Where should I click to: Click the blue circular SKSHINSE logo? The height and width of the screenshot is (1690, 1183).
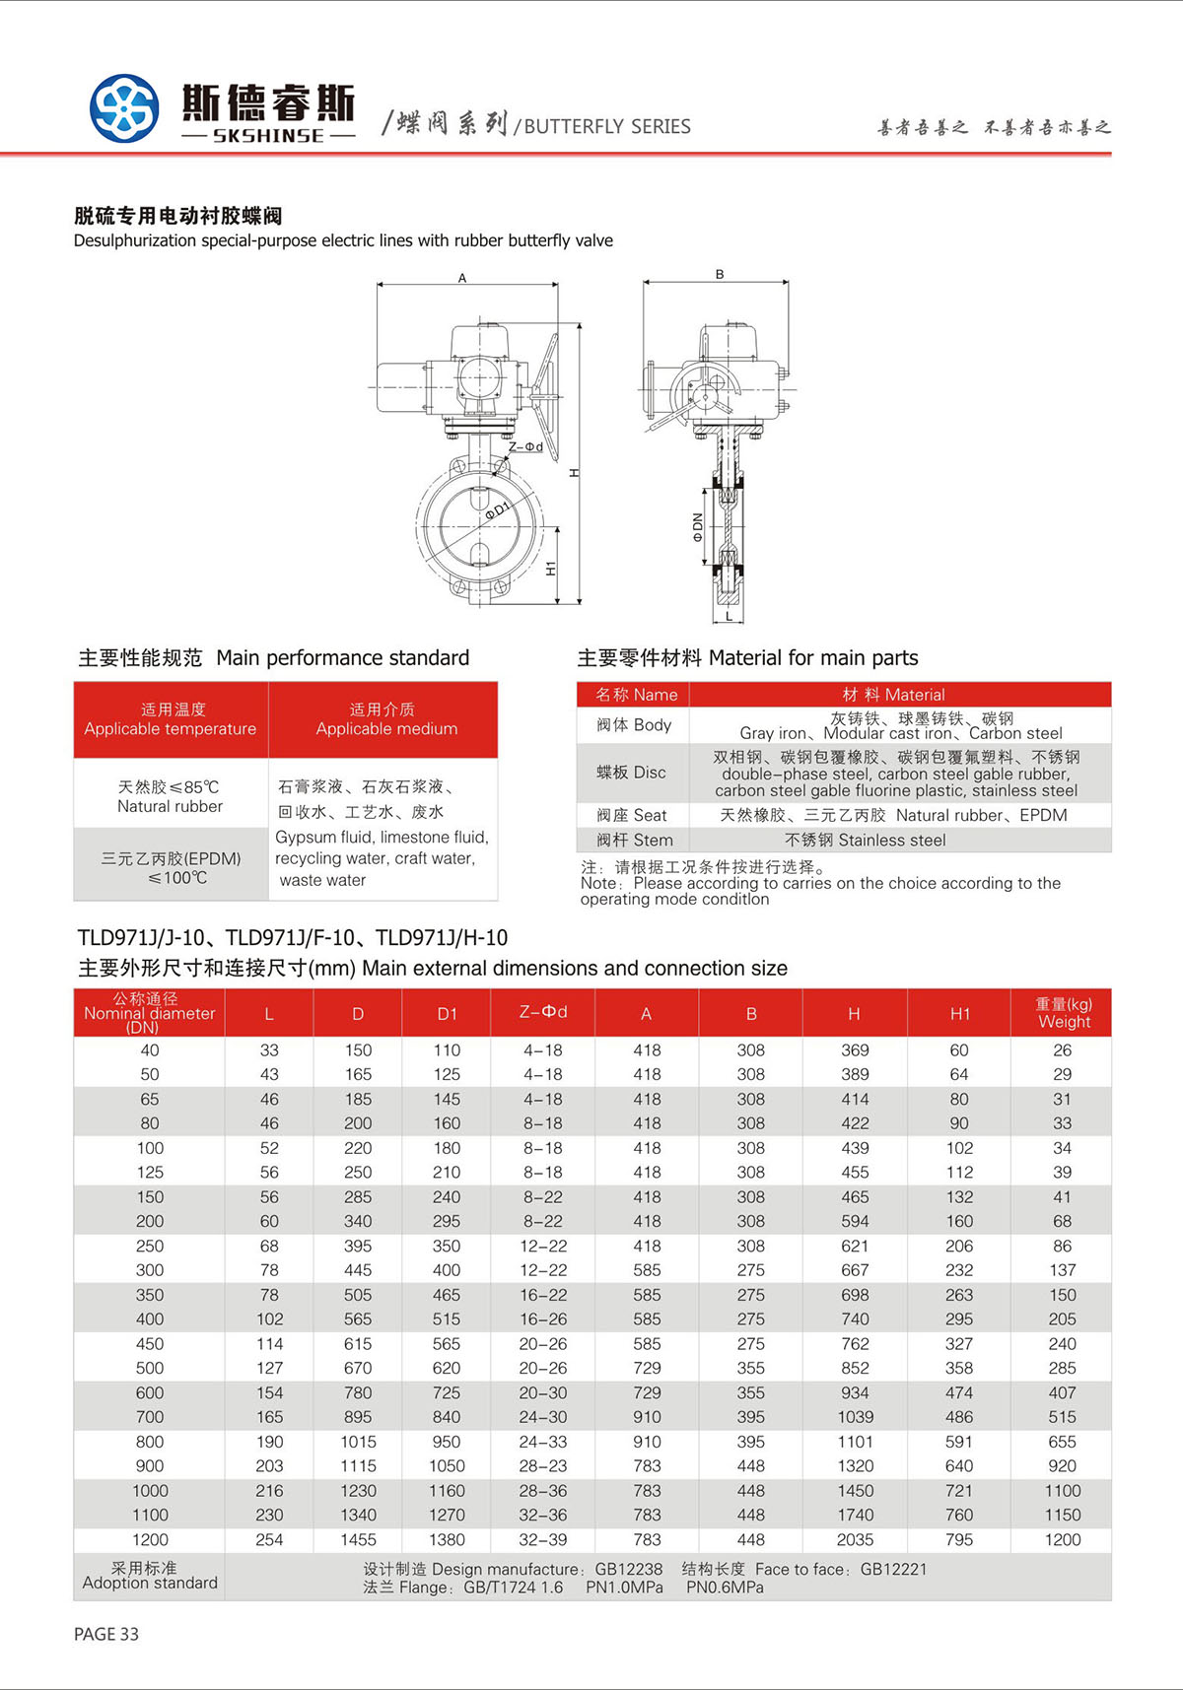tap(124, 108)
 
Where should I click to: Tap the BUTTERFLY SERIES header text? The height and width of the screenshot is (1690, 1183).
tap(606, 126)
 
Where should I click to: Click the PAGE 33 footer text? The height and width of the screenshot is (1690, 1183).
tap(106, 1634)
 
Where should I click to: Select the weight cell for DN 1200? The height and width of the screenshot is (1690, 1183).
tap(1062, 1539)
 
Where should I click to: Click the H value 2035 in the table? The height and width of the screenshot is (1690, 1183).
tap(855, 1539)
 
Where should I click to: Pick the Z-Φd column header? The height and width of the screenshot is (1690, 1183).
tap(543, 1012)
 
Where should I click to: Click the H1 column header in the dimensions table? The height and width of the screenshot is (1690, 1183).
tap(959, 1013)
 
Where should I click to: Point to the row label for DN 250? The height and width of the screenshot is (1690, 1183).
tap(150, 1246)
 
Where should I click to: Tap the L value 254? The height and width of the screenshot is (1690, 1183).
tap(269, 1539)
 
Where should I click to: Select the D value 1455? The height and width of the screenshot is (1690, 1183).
tap(358, 1539)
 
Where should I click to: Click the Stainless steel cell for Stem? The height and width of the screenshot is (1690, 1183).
tap(865, 840)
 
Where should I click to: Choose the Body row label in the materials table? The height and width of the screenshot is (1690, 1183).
tap(633, 725)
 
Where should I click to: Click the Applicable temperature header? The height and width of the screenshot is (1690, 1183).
tap(171, 719)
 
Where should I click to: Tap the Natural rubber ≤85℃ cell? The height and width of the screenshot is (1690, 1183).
tap(170, 796)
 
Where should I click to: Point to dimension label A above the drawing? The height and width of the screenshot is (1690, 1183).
tap(462, 278)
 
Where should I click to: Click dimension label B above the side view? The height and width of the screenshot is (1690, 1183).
tap(720, 275)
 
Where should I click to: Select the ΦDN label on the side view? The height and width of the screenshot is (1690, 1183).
tap(697, 527)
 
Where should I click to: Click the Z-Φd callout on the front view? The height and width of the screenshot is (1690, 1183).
tap(525, 446)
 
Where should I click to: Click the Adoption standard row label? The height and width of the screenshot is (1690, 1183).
tap(150, 1575)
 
